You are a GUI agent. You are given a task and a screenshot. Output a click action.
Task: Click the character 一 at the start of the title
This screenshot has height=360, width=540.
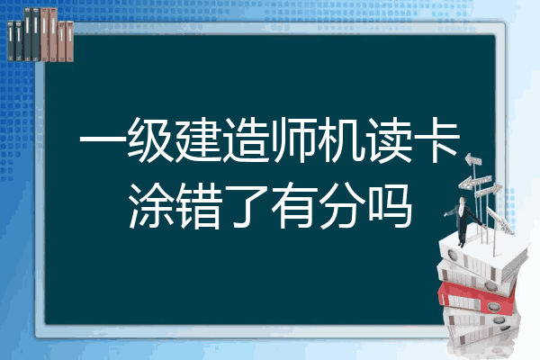[x=103, y=140]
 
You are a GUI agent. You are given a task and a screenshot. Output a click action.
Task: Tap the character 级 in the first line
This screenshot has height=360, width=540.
[x=150, y=140]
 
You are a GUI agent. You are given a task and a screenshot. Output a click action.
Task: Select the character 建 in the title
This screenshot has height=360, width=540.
[x=198, y=140]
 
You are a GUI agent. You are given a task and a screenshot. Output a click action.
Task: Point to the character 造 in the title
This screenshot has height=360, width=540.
[x=246, y=140]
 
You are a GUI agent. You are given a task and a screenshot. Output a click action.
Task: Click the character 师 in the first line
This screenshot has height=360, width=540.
[x=293, y=140]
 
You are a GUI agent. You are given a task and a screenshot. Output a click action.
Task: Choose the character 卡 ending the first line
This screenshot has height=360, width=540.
[x=436, y=140]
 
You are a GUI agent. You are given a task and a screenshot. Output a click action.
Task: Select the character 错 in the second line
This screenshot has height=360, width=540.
[x=199, y=206]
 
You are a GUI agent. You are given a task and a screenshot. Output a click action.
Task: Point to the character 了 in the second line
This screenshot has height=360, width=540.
[x=247, y=206]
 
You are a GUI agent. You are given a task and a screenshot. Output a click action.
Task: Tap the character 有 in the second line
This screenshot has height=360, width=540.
[x=293, y=206]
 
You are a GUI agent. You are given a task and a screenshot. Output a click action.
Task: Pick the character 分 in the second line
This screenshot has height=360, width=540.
[x=342, y=206]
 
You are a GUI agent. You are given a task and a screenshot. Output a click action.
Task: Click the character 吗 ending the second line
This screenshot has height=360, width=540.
[x=390, y=206]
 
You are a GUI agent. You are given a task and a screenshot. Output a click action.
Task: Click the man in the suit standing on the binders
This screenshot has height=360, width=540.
[x=463, y=221]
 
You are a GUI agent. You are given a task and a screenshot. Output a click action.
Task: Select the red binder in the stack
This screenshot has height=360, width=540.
[x=476, y=298]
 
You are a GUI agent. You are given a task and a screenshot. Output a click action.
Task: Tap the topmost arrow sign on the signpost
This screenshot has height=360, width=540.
[x=473, y=160]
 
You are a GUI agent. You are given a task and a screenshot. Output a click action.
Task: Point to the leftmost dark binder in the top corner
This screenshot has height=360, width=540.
[x=11, y=40]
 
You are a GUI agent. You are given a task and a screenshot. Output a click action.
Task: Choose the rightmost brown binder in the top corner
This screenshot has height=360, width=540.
[x=70, y=41]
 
